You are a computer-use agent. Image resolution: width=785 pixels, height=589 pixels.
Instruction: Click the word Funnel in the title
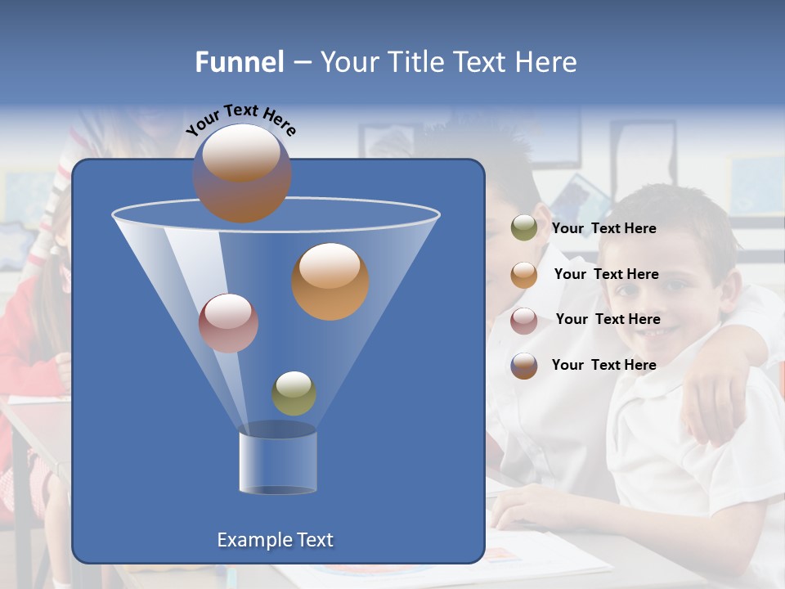239,62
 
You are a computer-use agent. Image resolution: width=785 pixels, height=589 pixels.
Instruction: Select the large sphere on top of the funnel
241,173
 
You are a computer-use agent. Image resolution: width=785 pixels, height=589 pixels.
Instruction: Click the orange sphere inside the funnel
330,281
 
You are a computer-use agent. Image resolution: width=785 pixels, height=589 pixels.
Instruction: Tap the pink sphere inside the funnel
228,323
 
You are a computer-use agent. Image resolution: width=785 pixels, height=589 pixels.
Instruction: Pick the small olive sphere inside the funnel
294,393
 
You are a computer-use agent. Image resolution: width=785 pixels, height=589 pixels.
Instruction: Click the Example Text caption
275,540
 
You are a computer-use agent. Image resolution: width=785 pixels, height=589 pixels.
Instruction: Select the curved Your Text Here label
240,118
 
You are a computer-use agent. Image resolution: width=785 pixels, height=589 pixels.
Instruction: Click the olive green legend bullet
524,228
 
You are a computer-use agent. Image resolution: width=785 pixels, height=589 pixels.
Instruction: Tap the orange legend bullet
524,274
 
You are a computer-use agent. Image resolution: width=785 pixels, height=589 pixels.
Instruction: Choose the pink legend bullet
524,320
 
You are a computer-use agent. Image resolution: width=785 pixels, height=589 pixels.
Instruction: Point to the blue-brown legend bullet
524,366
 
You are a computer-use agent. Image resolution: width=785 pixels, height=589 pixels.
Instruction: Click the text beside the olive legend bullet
603,228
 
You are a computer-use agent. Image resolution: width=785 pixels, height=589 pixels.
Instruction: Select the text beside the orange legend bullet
606,274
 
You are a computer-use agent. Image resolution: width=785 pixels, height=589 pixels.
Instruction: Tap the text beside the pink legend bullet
608,319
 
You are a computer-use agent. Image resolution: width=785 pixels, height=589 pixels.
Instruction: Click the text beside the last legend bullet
603,365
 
